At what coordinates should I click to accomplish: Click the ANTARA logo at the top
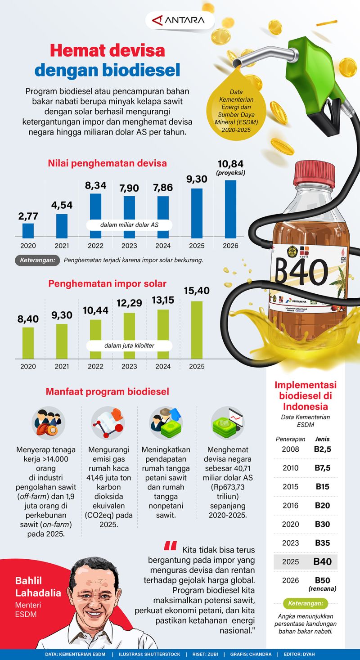179,20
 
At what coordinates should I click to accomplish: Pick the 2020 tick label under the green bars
28,366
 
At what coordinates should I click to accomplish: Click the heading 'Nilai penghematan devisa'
107,163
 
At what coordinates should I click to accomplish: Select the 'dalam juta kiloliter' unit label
130,346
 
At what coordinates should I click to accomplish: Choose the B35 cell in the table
322,543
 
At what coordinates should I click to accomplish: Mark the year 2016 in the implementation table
290,505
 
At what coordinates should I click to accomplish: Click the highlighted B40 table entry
323,561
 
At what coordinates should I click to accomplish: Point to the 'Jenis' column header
322,439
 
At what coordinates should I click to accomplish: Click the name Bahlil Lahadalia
38,587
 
